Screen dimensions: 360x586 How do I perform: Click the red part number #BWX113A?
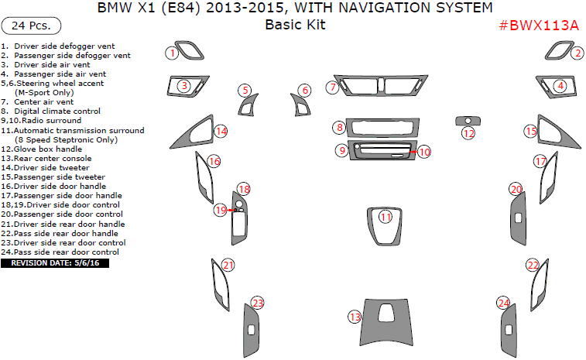[538, 26]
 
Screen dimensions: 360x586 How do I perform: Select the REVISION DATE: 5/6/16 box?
[55, 263]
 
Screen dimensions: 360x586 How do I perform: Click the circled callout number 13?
[355, 317]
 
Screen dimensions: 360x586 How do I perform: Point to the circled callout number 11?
[386, 218]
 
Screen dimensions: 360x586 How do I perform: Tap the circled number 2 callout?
[577, 53]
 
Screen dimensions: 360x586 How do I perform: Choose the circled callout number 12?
[468, 134]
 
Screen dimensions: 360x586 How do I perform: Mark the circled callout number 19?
[220, 210]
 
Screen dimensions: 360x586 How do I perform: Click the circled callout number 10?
[424, 153]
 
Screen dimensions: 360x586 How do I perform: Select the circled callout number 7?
[332, 87]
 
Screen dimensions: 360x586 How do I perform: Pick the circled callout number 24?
[503, 303]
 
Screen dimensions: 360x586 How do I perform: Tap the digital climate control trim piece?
[383, 127]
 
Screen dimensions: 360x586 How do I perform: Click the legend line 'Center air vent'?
[44, 102]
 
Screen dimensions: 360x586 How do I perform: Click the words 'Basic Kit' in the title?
[295, 25]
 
